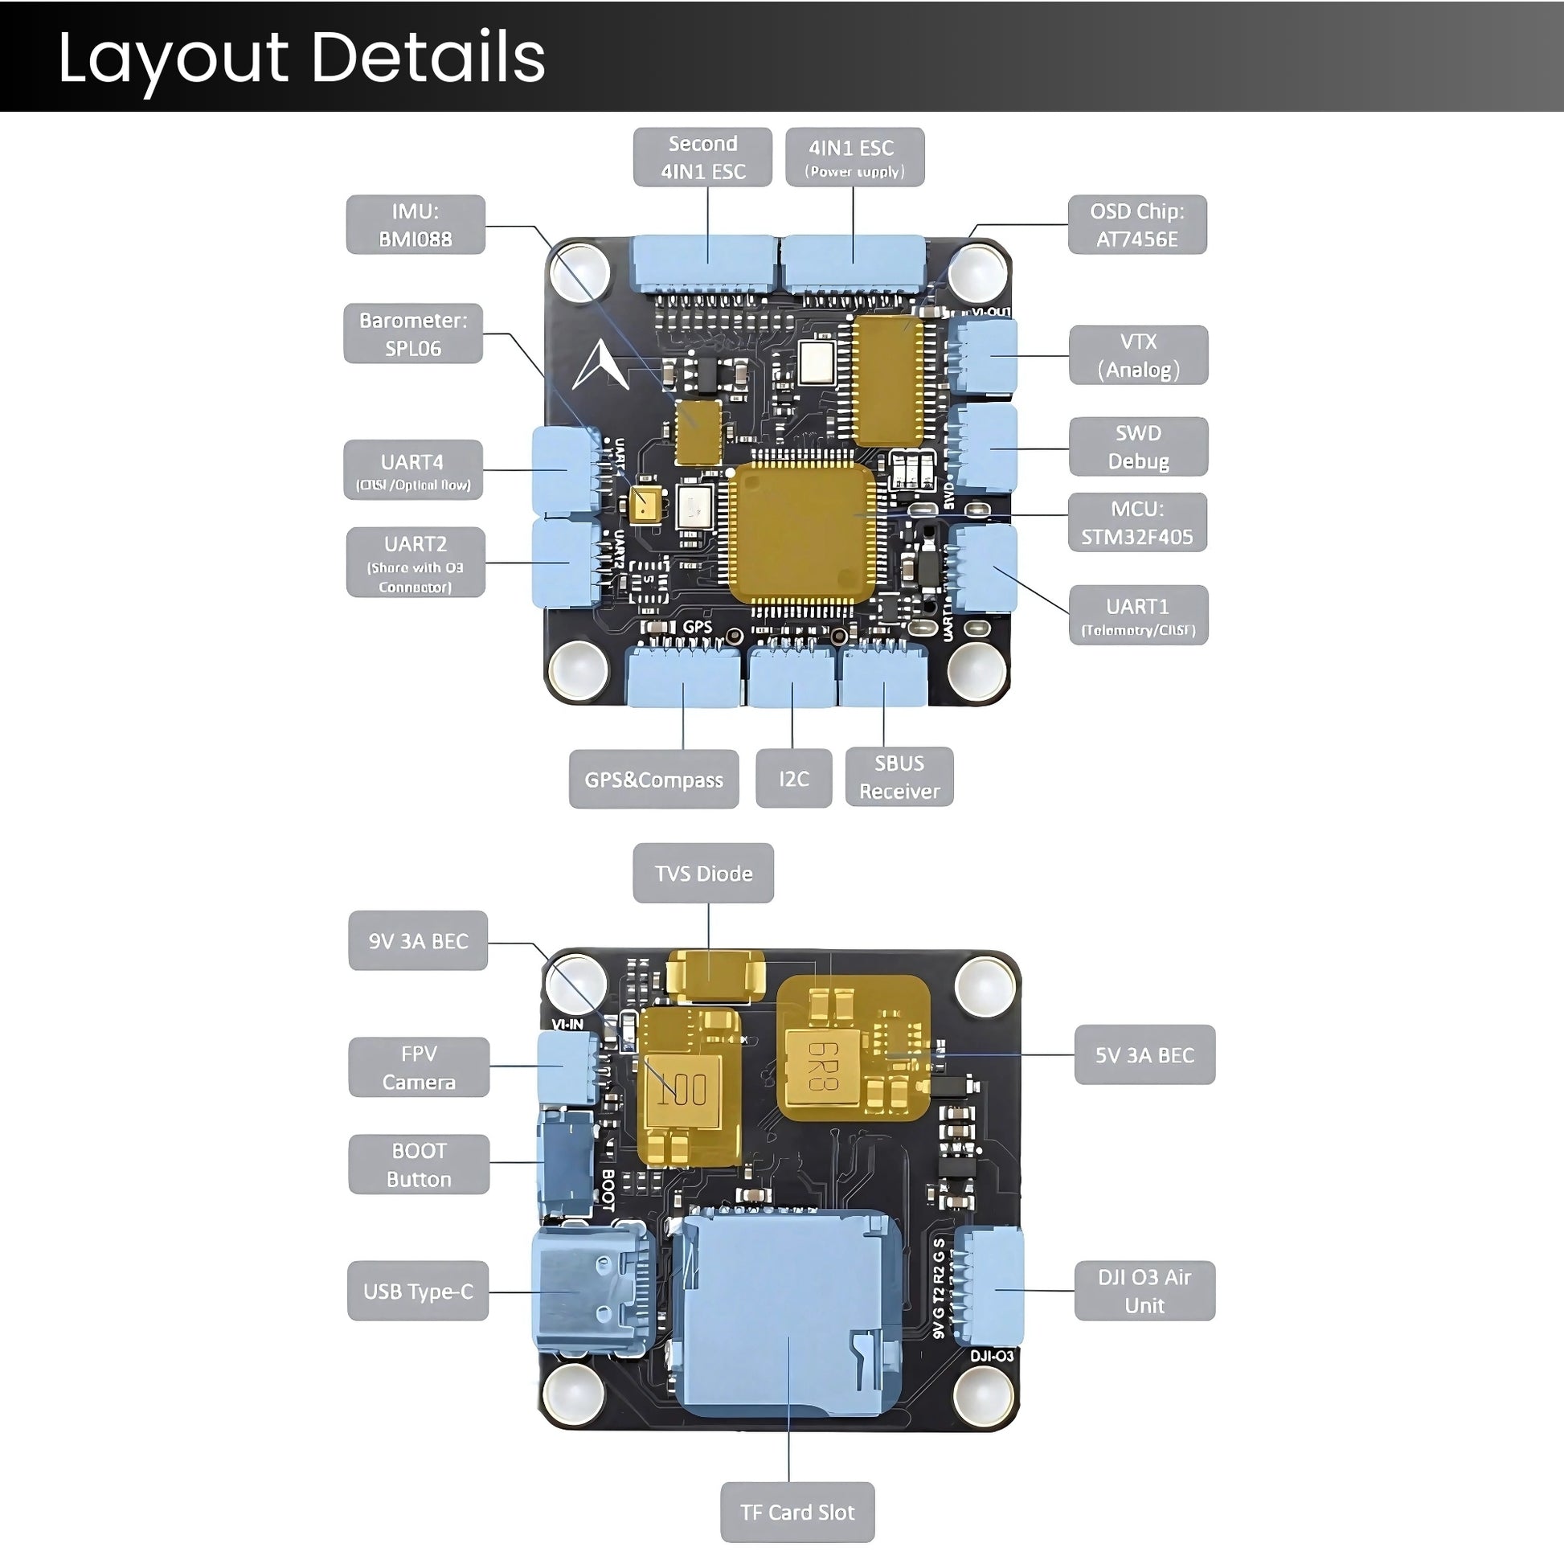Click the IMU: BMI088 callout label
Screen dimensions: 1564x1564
pyautogui.click(x=416, y=225)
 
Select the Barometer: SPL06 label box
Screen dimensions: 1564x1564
pyautogui.click(x=413, y=334)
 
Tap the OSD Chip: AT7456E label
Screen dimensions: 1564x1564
pyautogui.click(x=1136, y=225)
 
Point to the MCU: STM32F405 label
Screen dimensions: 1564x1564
pyautogui.click(x=1136, y=523)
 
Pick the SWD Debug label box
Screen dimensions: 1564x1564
pyautogui.click(x=1137, y=447)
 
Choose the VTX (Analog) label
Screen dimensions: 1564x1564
pyautogui.click(x=1137, y=355)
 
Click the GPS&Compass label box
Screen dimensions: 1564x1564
pyautogui.click(x=653, y=779)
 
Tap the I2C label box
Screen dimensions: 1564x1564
pyautogui.click(x=793, y=779)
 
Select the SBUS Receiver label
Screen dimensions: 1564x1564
pyautogui.click(x=899, y=777)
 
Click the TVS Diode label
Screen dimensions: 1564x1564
pyautogui.click(x=702, y=874)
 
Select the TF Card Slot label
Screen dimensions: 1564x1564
pyautogui.click(x=796, y=1513)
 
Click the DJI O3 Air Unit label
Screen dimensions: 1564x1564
pyautogui.click(x=1144, y=1291)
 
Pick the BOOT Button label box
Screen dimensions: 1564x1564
pyautogui.click(x=419, y=1164)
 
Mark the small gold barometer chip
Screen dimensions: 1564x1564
pyautogui.click(x=645, y=506)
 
